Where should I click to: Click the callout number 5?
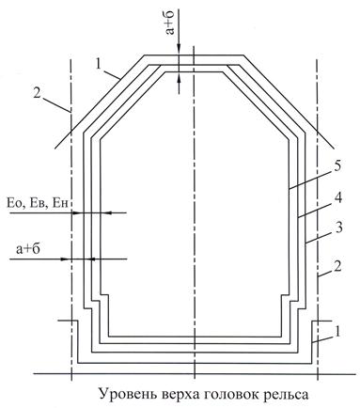pos(337,166)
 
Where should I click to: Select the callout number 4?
pos(337,198)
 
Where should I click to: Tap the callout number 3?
pos(338,228)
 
